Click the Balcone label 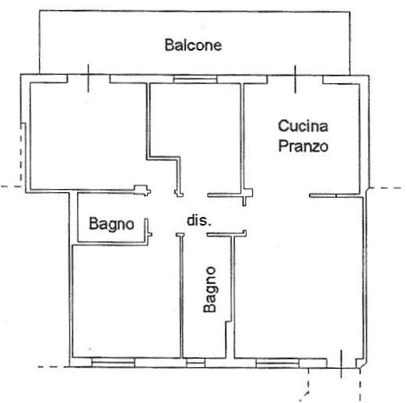193,45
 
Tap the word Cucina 303,126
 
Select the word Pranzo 303,145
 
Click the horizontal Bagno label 111,224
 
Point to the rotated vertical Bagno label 210,289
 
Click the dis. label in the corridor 199,221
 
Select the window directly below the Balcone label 195,79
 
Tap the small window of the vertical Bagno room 196,363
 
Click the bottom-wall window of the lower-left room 113,363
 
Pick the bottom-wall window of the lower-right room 278,363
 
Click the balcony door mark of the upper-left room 88,78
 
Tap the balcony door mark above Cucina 295,79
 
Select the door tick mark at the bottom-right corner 341,364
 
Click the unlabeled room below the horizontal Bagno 127,301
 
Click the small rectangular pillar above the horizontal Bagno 142,190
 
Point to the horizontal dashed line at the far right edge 386,187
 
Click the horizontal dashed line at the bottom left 53,366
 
